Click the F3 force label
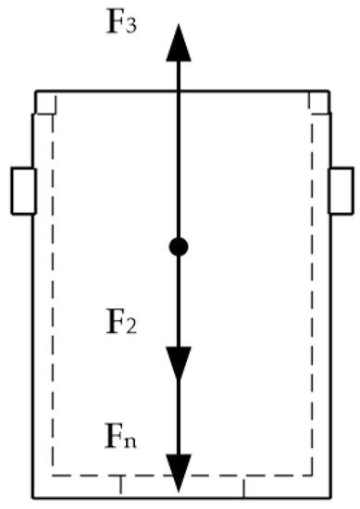(x=119, y=20)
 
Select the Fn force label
(x=121, y=432)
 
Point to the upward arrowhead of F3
(x=180, y=43)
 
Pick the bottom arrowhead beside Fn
(x=180, y=471)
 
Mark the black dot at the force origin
(x=180, y=246)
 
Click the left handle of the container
(x=23, y=191)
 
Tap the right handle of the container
(x=341, y=191)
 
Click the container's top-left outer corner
(x=36, y=92)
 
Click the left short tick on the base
(x=121, y=486)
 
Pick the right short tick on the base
(x=243, y=486)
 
